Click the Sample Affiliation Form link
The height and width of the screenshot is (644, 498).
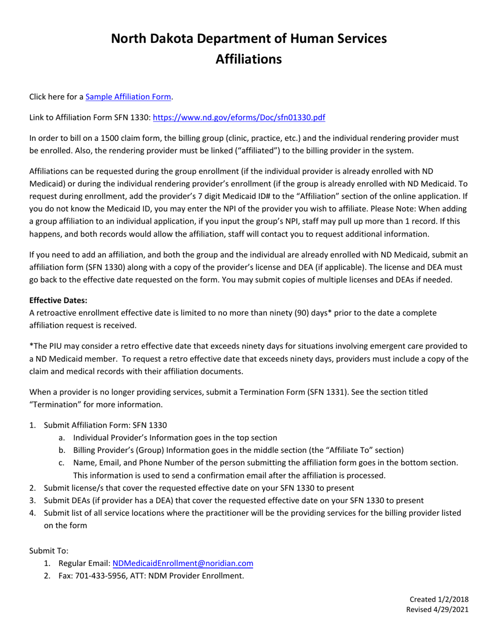coord(128,97)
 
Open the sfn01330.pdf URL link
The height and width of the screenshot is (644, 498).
coord(239,118)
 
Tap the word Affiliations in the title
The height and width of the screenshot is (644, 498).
coord(249,59)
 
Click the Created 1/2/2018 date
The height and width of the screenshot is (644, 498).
coord(438,599)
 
